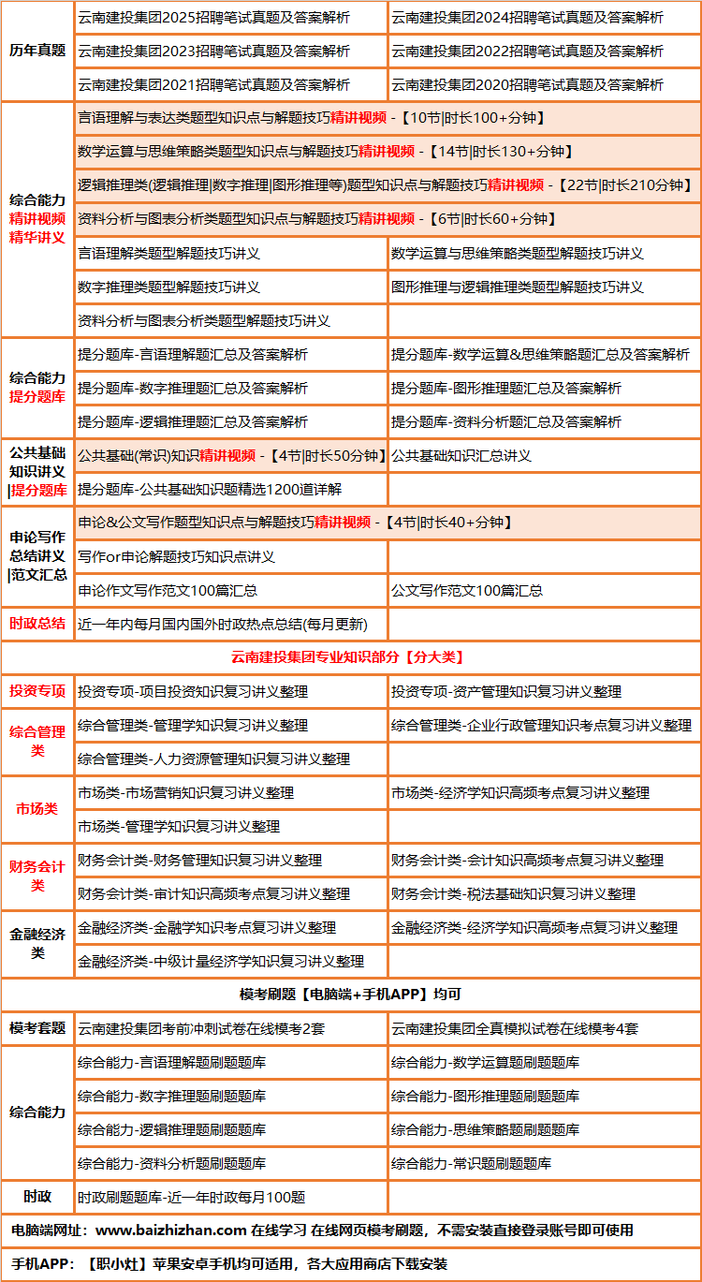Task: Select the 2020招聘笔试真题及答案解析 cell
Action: (x=527, y=85)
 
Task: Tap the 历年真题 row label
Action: (x=37, y=51)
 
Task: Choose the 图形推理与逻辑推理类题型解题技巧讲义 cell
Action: (x=517, y=287)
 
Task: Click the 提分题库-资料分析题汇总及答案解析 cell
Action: (x=505, y=422)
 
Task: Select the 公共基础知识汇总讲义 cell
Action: (x=461, y=456)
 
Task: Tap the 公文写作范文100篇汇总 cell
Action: (x=467, y=591)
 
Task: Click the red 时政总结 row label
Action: (x=37, y=624)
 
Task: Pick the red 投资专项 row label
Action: (x=37, y=692)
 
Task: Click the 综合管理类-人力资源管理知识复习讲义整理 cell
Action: (x=213, y=759)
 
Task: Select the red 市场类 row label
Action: (x=37, y=809)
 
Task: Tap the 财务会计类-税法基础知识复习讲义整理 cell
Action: (x=513, y=894)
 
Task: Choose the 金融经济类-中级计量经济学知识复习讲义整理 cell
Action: (x=221, y=962)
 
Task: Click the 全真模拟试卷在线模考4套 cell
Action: (x=515, y=1029)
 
